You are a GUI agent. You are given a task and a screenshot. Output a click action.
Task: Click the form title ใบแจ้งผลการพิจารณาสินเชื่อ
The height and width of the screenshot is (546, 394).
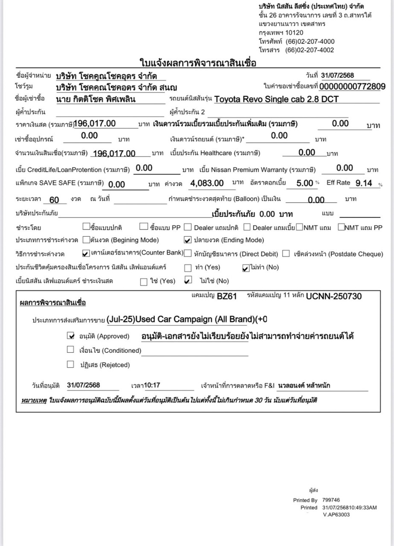coord(198,63)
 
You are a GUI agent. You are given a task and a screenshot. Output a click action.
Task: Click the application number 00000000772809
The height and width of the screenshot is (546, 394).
coord(352,87)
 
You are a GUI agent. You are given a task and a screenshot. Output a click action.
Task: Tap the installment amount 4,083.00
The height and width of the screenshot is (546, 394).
coord(207,183)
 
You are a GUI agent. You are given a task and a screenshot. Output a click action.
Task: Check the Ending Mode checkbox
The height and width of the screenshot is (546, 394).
coord(187,240)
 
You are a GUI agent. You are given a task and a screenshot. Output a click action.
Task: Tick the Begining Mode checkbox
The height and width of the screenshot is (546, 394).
coord(86,240)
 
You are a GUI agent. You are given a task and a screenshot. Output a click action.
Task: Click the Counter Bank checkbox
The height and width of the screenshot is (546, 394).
coord(86,253)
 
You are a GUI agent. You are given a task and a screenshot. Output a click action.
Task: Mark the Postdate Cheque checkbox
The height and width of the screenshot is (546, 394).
coord(286,253)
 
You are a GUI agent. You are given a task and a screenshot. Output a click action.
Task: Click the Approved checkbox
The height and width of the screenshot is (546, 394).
coord(71,336)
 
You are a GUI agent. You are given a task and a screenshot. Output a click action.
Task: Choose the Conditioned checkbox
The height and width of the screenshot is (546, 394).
coord(71,350)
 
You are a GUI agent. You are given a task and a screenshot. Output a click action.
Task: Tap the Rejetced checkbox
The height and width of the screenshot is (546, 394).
coord(71,364)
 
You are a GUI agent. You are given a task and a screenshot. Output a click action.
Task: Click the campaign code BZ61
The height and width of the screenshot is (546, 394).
coord(226,296)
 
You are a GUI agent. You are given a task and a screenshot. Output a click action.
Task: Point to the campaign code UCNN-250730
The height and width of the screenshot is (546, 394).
coord(334,296)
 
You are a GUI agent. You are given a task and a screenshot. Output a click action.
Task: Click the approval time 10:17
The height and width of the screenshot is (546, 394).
coord(152,385)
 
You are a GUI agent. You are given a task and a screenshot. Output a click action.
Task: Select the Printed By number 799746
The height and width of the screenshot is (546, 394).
coord(331,500)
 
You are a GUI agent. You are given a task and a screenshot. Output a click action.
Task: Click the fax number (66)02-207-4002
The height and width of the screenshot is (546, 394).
coord(309,50)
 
